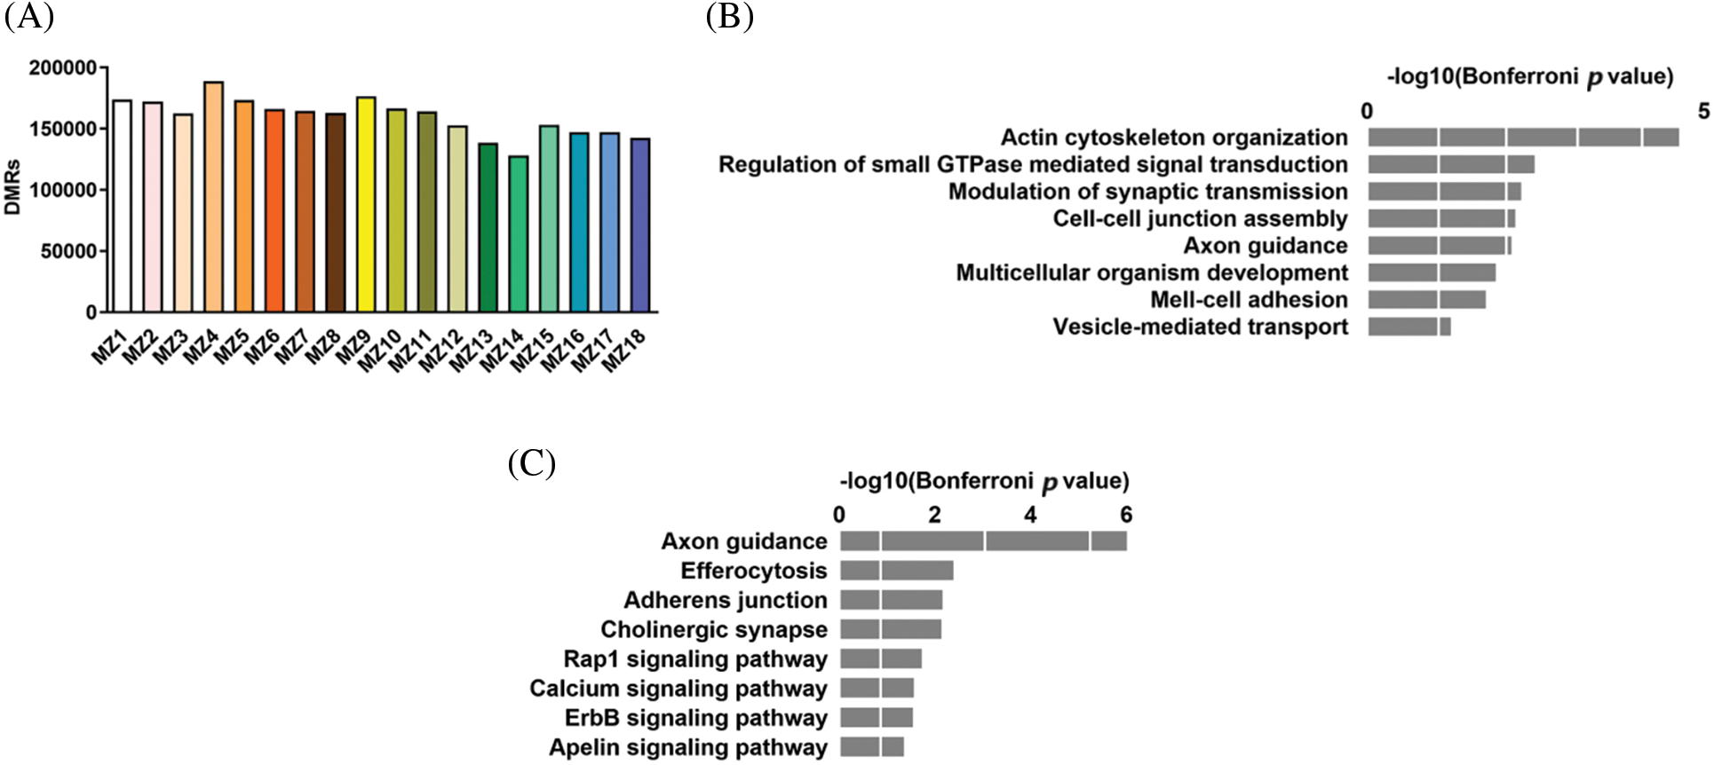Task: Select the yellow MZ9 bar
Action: tap(366, 205)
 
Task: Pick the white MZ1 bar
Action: tap(123, 206)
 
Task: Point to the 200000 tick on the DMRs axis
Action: tap(63, 68)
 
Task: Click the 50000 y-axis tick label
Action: tap(68, 252)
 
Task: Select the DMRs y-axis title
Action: tap(13, 190)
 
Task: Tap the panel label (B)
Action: tap(729, 16)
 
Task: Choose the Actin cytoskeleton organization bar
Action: tap(1522, 138)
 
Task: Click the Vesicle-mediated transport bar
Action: tap(1408, 327)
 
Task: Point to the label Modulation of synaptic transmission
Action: tap(1147, 192)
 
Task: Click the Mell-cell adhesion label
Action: tap(1249, 300)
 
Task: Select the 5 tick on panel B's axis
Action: tap(1702, 111)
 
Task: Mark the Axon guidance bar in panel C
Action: tap(983, 541)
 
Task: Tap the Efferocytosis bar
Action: tap(896, 571)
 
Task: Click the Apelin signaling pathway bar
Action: tap(871, 747)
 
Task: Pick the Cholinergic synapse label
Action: tap(713, 630)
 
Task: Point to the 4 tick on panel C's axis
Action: tap(1030, 515)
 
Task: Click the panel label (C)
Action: tap(531, 463)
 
